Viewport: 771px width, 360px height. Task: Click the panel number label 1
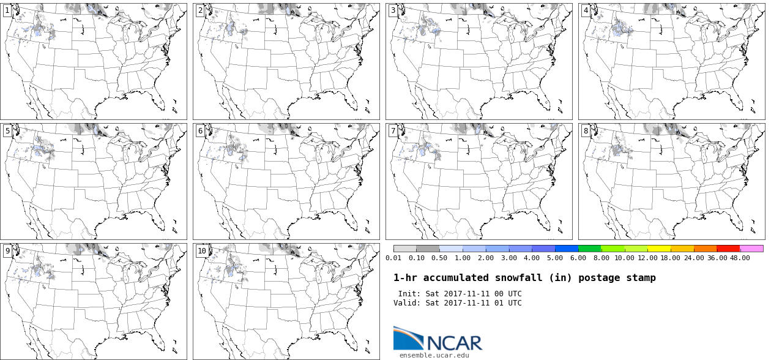[7, 10]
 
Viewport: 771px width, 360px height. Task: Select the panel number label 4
[586, 10]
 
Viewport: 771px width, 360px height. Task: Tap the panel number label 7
[393, 131]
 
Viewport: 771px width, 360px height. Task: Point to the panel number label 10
[202, 251]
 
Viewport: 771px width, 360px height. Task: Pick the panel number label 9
[7, 251]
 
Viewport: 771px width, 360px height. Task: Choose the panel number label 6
[200, 131]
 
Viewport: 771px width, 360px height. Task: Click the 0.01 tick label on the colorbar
[393, 258]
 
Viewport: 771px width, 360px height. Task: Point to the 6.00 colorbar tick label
[578, 258]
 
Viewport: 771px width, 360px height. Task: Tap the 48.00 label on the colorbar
[740, 258]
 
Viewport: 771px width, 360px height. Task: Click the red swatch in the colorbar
[728, 249]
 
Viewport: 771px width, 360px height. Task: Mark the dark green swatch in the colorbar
[590, 249]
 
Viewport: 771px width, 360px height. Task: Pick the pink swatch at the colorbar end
[751, 249]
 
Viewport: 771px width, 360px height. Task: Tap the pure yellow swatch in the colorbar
[659, 249]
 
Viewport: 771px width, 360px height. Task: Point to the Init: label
[409, 294]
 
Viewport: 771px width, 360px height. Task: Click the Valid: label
[407, 303]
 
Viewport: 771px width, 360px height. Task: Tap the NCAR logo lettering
[453, 343]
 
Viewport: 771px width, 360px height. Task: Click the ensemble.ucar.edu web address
[434, 355]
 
